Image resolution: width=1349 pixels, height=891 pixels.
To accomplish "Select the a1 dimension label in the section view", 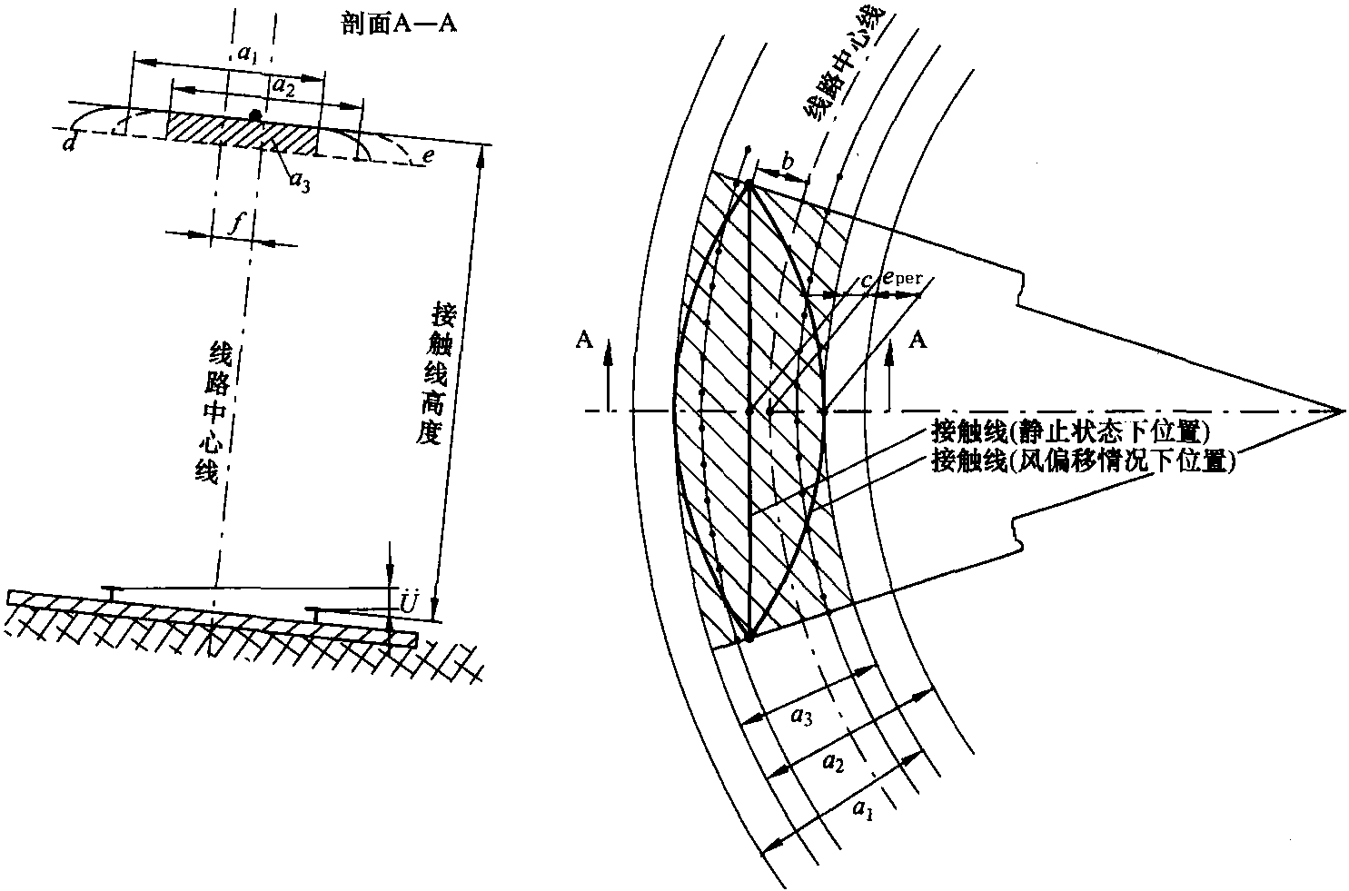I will point(245,54).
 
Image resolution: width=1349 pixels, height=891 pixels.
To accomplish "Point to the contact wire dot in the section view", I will point(256,115).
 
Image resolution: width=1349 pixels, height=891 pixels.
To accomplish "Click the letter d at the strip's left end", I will point(69,144).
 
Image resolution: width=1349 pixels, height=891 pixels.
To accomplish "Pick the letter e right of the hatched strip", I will point(428,155).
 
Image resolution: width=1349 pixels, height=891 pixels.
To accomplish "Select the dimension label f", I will point(234,221).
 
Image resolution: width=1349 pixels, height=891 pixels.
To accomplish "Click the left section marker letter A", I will point(584,339).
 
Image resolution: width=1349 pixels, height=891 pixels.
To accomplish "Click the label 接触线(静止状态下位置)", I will point(1073,431).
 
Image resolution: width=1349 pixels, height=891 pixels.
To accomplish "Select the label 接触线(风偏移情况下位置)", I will point(1086,460).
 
